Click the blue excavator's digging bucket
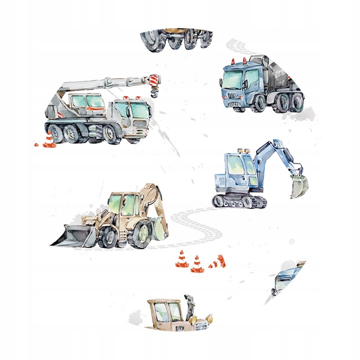click(298, 185)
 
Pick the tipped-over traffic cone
click(218, 261)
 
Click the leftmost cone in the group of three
click(180, 259)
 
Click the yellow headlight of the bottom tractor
click(208, 317)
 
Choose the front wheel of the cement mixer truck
click(259, 103)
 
